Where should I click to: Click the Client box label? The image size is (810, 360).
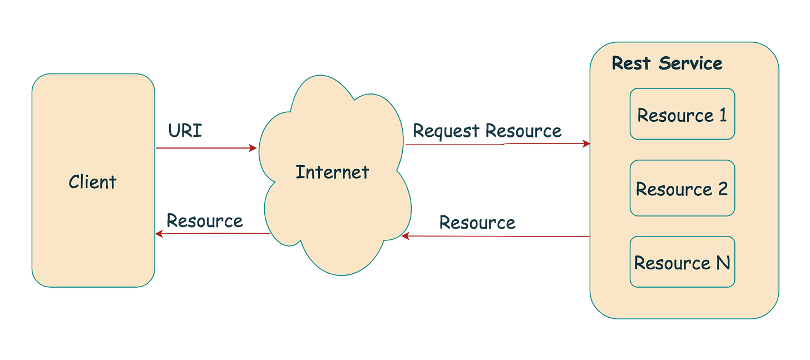point(92,182)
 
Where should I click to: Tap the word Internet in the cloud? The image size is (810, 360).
point(332,172)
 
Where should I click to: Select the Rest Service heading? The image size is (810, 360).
point(666,63)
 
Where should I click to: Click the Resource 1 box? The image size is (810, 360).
point(682,114)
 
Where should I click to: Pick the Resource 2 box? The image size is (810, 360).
point(682,188)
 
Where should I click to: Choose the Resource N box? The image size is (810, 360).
point(682,262)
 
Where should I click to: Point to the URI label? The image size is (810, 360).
point(186,131)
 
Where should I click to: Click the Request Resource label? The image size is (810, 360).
point(487,131)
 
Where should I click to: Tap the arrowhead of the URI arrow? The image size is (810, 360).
point(253,148)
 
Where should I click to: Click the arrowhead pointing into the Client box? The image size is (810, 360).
point(160,234)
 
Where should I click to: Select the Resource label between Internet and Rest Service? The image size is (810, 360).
point(477,223)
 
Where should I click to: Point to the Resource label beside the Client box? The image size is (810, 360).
point(204,221)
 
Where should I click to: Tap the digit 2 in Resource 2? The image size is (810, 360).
point(723,189)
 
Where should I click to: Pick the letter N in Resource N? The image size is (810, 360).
point(723,263)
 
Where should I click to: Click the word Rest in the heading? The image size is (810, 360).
point(631,63)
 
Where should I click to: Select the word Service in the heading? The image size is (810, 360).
point(690,63)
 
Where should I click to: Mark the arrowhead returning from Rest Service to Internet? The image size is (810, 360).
point(406,237)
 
